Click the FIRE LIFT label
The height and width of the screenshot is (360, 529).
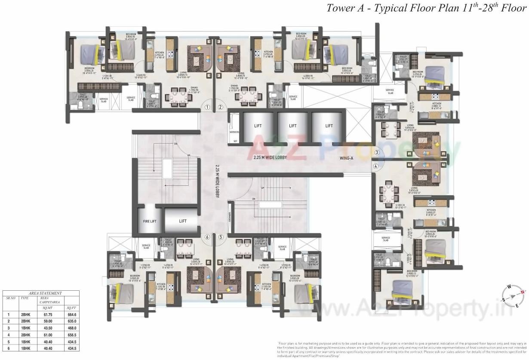[x=149, y=221]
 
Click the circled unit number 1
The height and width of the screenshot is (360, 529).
[x=207, y=108]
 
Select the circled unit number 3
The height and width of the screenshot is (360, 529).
[x=376, y=152]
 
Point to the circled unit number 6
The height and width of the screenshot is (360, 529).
[x=207, y=237]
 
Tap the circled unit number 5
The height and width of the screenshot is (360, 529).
[x=221, y=237]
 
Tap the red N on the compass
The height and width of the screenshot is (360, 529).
[x=523, y=292]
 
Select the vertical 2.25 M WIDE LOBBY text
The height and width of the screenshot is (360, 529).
[x=218, y=181]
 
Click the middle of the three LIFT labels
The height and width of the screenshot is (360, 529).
[x=292, y=126]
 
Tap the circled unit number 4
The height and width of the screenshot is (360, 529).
[x=376, y=166]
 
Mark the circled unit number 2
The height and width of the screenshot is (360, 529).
[x=220, y=108]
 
